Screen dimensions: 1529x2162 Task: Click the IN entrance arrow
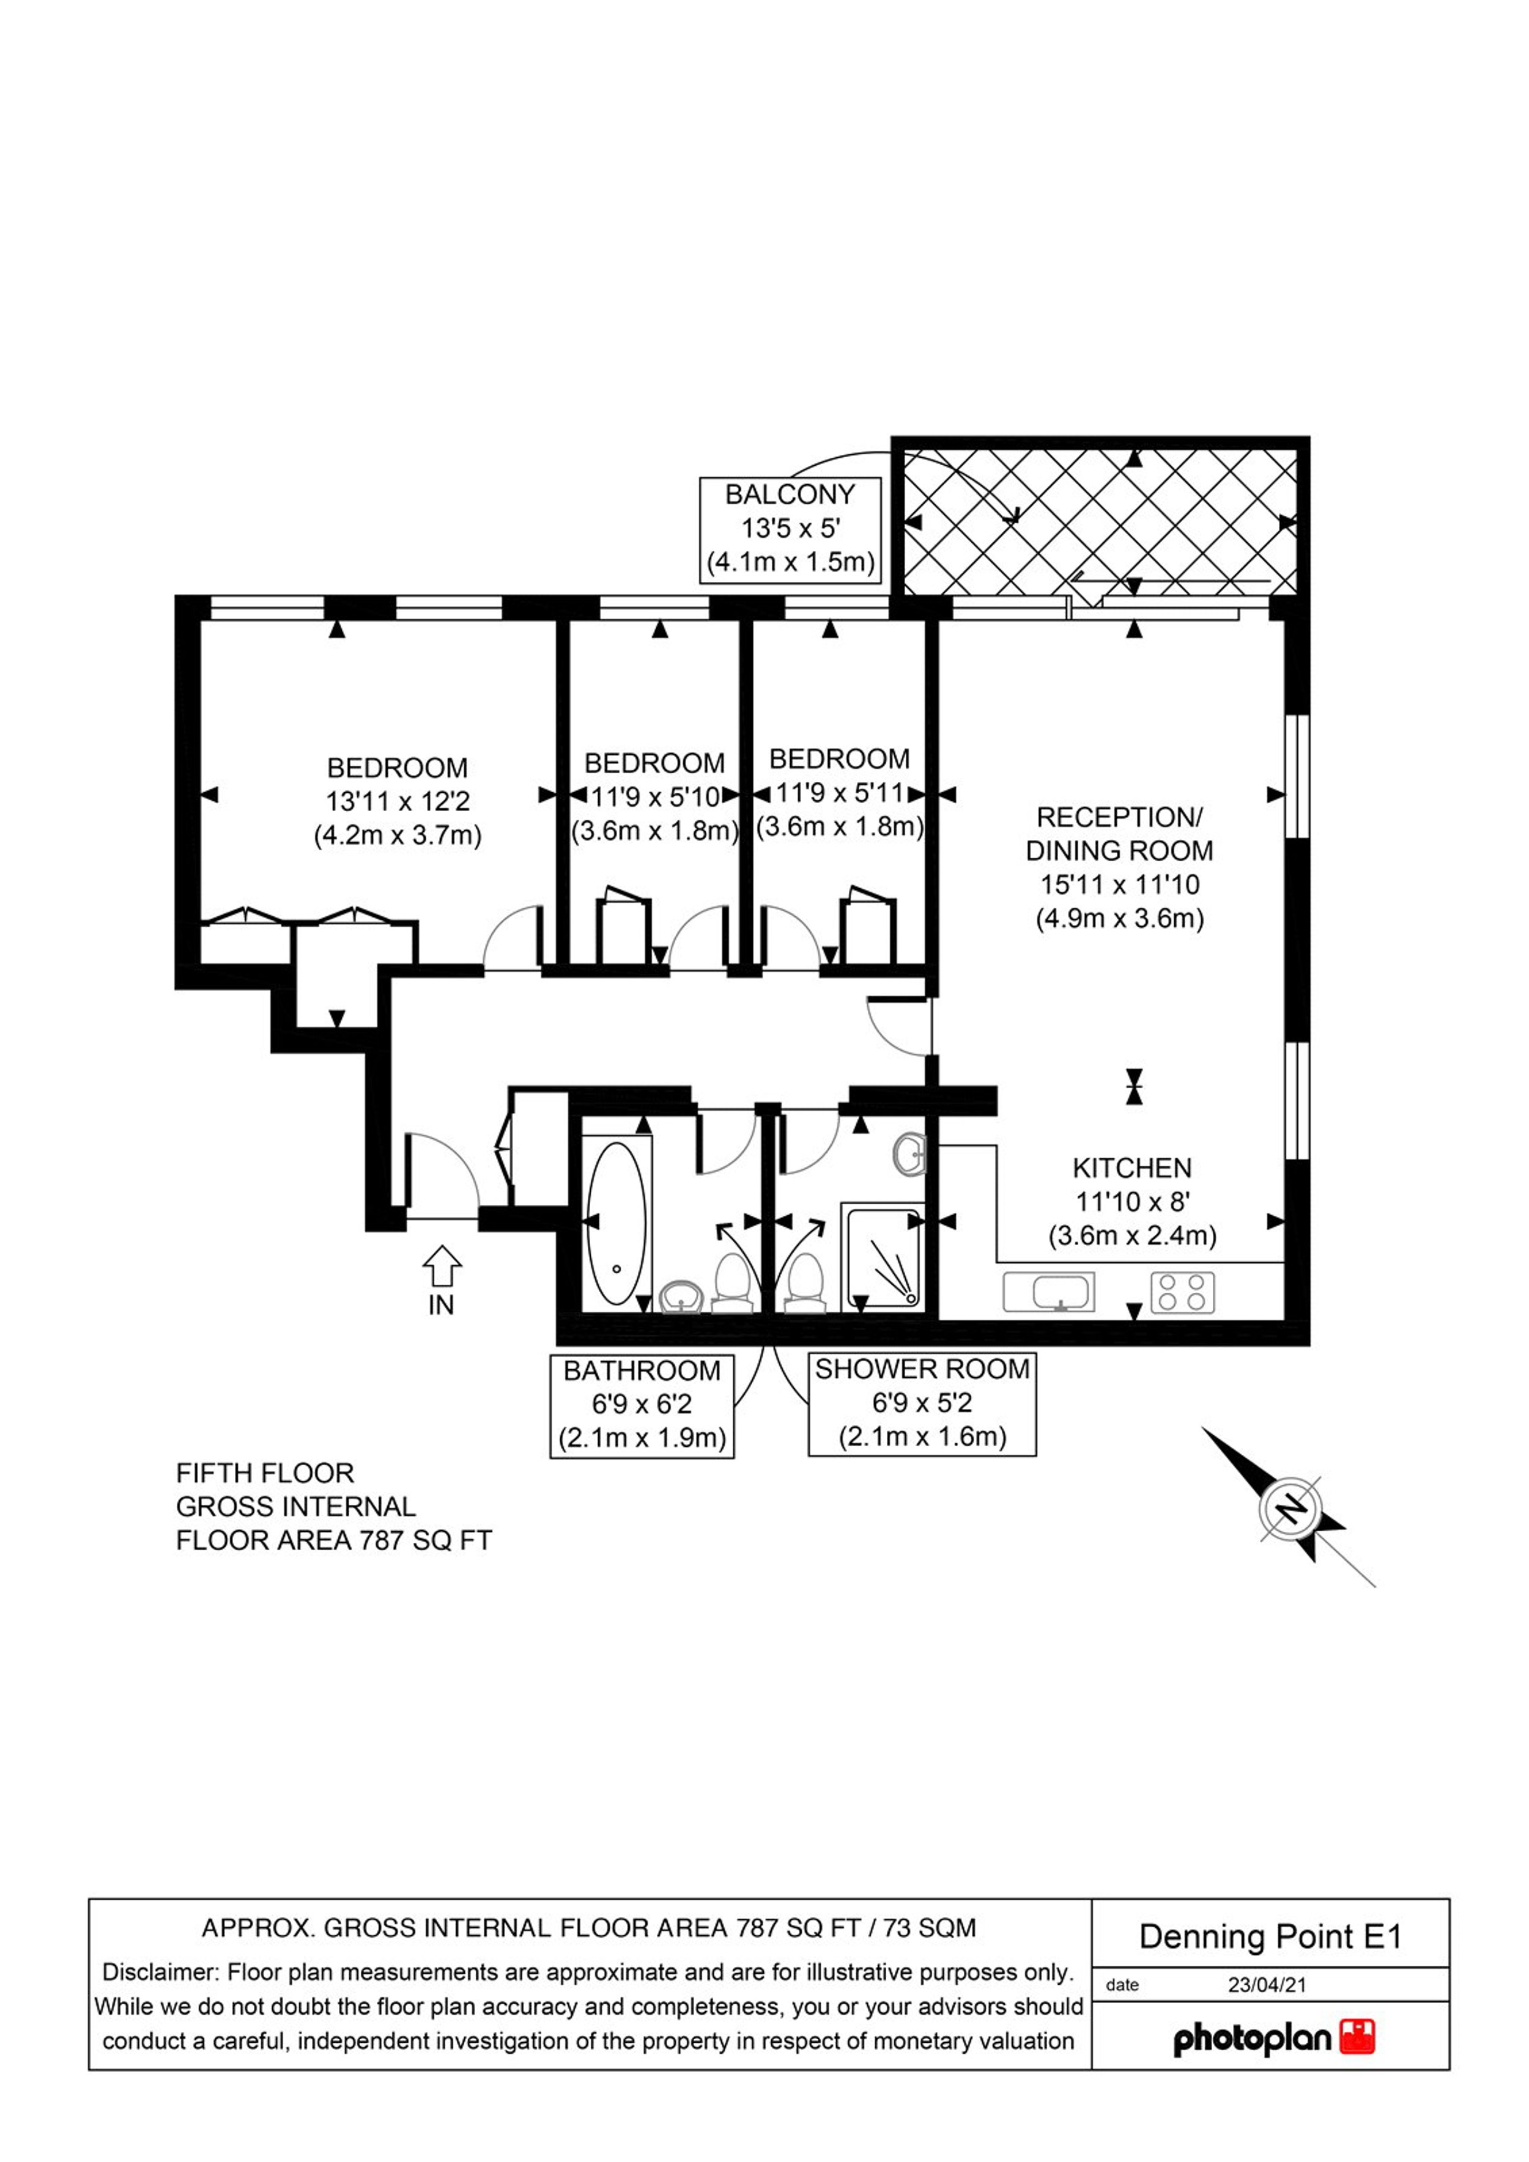click(x=441, y=1268)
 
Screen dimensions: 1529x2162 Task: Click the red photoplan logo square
click(x=1358, y=2037)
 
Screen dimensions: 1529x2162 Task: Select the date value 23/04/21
click(x=1267, y=1984)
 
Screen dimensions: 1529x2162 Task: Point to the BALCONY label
click(x=790, y=493)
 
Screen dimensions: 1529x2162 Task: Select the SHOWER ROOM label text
click(x=922, y=1369)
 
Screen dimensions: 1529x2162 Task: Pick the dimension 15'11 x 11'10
click(x=1119, y=884)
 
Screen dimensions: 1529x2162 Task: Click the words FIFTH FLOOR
click(x=265, y=1473)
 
